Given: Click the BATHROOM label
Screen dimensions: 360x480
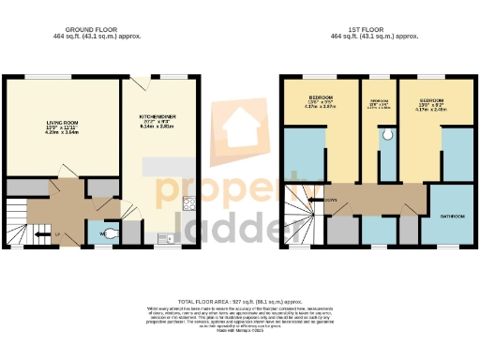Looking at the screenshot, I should click(452, 216).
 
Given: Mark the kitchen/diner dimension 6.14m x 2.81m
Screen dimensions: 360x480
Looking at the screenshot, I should click(158, 127).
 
